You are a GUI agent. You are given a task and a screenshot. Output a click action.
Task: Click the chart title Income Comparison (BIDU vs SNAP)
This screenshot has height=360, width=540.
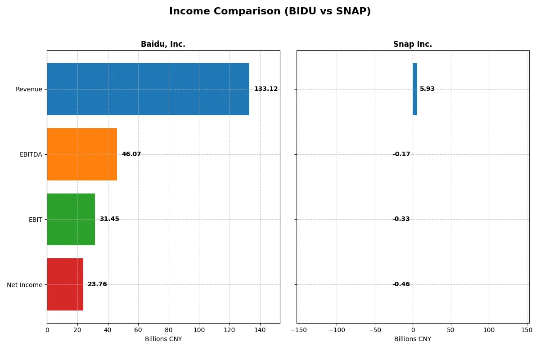click(x=270, y=11)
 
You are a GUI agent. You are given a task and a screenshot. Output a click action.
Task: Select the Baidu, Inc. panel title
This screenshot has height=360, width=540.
click(x=163, y=44)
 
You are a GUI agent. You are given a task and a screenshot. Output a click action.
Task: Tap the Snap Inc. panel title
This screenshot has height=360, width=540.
click(x=412, y=44)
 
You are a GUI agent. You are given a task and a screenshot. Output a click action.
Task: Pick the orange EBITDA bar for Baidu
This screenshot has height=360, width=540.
click(x=82, y=154)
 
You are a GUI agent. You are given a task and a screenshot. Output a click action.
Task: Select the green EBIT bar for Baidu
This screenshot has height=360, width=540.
click(x=71, y=219)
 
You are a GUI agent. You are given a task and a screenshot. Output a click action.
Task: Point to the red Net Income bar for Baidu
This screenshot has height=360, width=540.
click(x=65, y=284)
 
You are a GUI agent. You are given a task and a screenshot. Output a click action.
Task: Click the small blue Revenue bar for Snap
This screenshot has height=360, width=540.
click(x=415, y=89)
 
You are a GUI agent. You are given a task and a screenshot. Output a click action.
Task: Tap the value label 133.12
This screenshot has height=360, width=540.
click(x=265, y=89)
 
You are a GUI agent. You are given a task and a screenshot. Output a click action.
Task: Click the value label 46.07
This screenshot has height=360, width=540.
click(x=131, y=154)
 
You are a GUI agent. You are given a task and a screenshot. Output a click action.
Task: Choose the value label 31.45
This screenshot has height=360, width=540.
click(x=109, y=219)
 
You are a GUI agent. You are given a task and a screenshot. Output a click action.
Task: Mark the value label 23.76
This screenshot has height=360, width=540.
click(x=97, y=284)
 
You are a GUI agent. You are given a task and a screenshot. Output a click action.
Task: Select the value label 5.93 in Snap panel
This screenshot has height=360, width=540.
click(x=427, y=89)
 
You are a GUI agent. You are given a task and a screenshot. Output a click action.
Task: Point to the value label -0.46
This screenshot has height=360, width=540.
click(x=401, y=284)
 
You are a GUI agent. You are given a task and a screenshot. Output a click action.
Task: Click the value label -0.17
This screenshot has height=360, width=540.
click(x=401, y=154)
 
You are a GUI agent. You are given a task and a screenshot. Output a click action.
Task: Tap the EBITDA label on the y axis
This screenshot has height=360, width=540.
click(x=31, y=154)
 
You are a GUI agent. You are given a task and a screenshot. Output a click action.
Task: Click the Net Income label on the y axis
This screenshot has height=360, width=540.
click(x=24, y=285)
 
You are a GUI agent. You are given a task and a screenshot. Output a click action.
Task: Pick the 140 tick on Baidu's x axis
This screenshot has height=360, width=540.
click(x=260, y=330)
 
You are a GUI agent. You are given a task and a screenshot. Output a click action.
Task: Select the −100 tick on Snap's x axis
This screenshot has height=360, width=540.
click(x=336, y=330)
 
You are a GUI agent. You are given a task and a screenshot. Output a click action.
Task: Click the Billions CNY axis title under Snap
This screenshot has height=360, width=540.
click(x=412, y=339)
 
